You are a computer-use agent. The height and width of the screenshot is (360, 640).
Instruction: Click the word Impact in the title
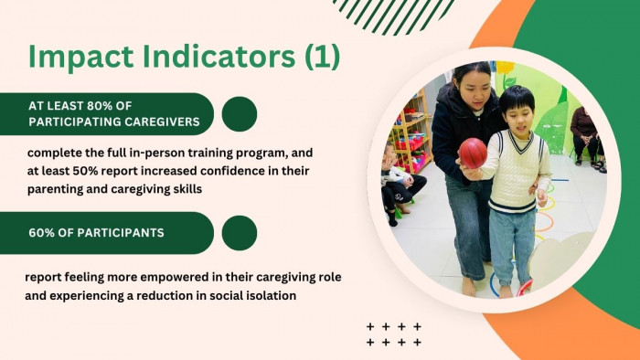point(80,57)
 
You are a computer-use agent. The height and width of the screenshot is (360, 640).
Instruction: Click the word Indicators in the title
point(219,56)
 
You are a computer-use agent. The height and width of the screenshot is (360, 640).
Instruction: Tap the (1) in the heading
point(323,57)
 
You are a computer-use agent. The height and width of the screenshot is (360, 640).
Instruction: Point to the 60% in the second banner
point(42,233)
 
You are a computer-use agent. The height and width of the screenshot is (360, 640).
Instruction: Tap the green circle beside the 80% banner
point(240,114)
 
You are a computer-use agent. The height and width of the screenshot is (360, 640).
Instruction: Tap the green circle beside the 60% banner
point(240,233)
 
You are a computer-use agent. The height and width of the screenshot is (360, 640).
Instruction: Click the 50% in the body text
point(85,171)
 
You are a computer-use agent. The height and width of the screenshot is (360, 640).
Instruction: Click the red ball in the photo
point(473,153)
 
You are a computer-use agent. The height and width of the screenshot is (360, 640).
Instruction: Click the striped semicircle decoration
point(394,15)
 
